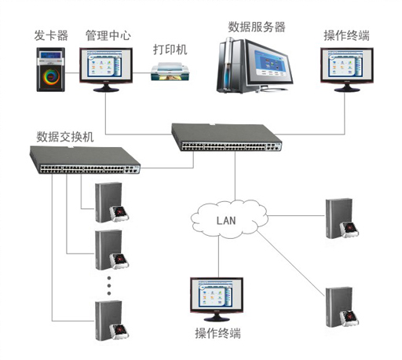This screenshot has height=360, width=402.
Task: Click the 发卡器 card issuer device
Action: [x=50, y=69]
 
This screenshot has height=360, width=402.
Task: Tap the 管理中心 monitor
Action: [x=106, y=69]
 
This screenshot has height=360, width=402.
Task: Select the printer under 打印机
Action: [x=170, y=72]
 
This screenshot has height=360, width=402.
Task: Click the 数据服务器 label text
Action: [x=257, y=28]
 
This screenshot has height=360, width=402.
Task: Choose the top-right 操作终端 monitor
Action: [x=347, y=69]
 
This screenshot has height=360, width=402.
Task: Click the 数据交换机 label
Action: [x=65, y=137]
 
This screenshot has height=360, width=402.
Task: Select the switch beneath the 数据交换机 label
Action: [x=85, y=160]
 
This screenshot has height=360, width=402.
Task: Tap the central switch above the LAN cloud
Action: [x=227, y=137]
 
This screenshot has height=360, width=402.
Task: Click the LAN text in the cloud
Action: [x=226, y=221]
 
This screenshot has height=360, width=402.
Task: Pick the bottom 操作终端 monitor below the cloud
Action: [x=217, y=299]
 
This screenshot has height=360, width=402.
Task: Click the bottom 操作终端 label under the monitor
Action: [x=217, y=333]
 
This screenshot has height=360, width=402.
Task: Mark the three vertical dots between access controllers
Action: [x=109, y=285]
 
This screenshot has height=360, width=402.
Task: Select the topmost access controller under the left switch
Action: [x=111, y=202]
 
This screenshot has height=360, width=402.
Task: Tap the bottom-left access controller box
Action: [x=111, y=321]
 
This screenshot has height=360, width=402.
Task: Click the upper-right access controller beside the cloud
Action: [x=342, y=219]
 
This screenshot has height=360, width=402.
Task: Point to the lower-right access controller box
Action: [x=342, y=307]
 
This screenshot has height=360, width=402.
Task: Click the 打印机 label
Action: [x=170, y=50]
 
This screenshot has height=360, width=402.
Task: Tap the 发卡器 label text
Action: [x=51, y=35]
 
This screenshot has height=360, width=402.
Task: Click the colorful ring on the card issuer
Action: [x=51, y=76]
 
